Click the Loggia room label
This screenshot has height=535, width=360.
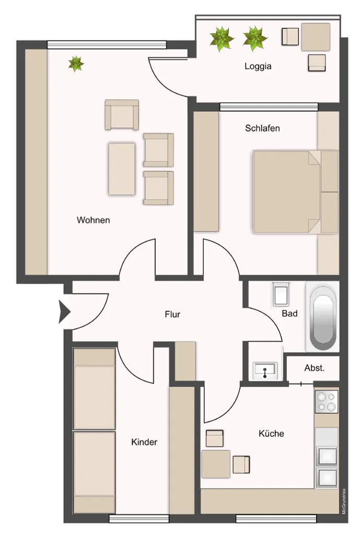point(258,66)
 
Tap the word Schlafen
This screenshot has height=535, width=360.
point(262,129)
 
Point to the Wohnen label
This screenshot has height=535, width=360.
point(93,220)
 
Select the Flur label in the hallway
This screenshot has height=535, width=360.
point(172,314)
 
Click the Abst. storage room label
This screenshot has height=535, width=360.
point(314,368)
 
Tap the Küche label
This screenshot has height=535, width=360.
point(271,433)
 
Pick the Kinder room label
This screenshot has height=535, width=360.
point(144,442)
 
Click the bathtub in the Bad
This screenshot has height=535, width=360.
point(322,317)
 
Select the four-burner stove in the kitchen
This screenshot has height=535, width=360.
point(327,402)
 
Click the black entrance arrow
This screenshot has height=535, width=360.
point(64,311)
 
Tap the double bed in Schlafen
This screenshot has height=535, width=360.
point(296,192)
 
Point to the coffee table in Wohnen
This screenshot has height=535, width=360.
point(122,169)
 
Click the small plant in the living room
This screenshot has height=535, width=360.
point(76,64)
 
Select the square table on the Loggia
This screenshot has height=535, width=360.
point(316,37)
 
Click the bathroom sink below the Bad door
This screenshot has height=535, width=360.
point(265,371)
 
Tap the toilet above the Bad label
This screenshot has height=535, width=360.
point(281,294)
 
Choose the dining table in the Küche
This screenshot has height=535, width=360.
point(216,464)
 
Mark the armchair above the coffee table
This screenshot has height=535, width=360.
point(122,114)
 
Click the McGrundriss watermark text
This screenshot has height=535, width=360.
point(344,501)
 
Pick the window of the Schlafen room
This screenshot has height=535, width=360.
point(269,108)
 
